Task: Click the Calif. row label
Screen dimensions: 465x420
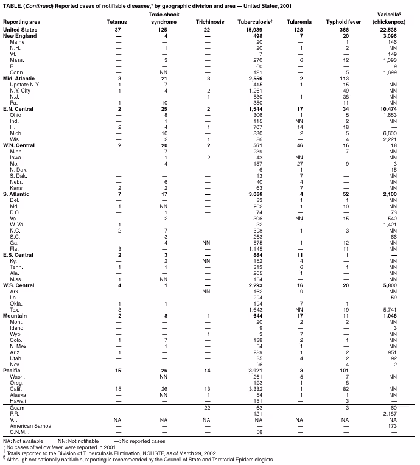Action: (x=16, y=388)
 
